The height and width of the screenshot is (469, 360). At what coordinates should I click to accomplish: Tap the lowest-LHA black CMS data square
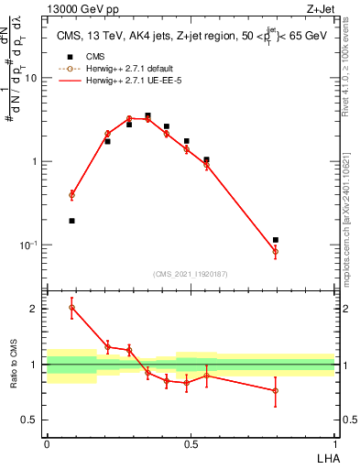(72, 221)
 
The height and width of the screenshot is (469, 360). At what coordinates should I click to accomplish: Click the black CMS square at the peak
(147, 116)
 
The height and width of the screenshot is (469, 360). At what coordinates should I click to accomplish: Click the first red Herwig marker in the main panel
(72, 195)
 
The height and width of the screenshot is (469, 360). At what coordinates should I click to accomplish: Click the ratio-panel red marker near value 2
(72, 307)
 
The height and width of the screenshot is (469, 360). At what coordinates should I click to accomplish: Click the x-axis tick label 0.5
(190, 444)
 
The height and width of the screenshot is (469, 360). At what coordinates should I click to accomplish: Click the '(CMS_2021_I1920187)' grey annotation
(191, 273)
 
